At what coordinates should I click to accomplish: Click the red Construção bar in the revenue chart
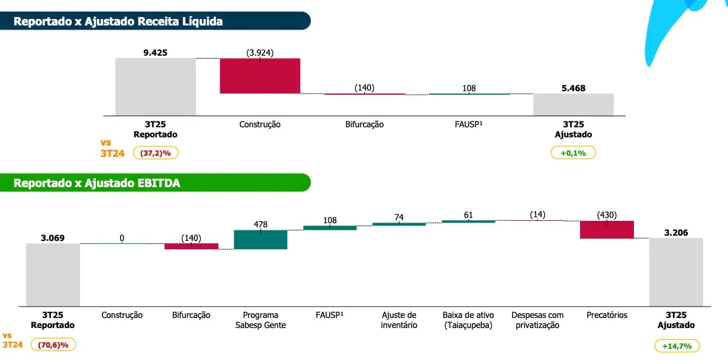click(x=260, y=76)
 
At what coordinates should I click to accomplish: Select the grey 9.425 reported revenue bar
click(x=155, y=86)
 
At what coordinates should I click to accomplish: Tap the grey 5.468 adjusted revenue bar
click(x=573, y=104)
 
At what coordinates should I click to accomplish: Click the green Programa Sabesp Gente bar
click(x=260, y=239)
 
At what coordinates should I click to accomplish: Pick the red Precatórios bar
click(x=607, y=230)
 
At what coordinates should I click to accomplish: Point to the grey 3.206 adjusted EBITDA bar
click(x=676, y=272)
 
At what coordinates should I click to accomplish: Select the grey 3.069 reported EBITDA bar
click(x=53, y=274)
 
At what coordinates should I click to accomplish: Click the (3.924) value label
click(x=260, y=52)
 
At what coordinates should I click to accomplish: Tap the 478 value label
click(x=260, y=224)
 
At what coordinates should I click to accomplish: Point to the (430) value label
click(x=607, y=214)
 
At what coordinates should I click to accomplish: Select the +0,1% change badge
click(x=573, y=152)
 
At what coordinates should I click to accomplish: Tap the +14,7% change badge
click(x=677, y=346)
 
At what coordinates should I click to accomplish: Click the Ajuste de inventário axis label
click(x=399, y=320)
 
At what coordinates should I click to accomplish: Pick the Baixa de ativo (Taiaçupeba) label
click(x=468, y=320)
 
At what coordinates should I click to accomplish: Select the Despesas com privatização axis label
click(x=537, y=320)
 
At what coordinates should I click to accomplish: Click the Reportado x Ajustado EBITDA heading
click(x=97, y=183)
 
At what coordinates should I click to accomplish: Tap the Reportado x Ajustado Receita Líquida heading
click(x=118, y=21)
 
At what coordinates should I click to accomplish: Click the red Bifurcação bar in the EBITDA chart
click(x=191, y=246)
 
